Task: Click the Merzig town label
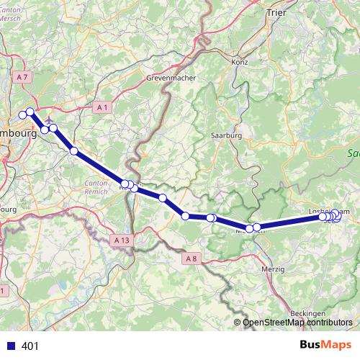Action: click(274, 269)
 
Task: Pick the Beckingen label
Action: click(310, 313)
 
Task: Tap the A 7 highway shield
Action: click(24, 76)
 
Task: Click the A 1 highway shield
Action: click(102, 107)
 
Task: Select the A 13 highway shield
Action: click(122, 238)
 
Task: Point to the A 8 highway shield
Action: click(190, 257)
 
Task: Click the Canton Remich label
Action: click(96, 187)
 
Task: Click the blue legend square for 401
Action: click(10, 346)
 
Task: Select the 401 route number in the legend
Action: click(30, 346)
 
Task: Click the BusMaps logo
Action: click(326, 346)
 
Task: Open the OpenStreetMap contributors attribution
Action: click(297, 322)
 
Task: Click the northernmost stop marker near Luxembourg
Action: click(30, 112)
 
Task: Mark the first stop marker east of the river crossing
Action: click(134, 188)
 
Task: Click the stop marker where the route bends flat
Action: click(186, 215)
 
